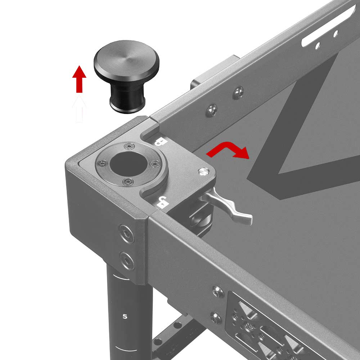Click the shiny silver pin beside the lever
coord(204,172)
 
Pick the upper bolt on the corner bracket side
coord(126,235)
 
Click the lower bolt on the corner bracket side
coord(127,259)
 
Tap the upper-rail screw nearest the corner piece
coord(212,110)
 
